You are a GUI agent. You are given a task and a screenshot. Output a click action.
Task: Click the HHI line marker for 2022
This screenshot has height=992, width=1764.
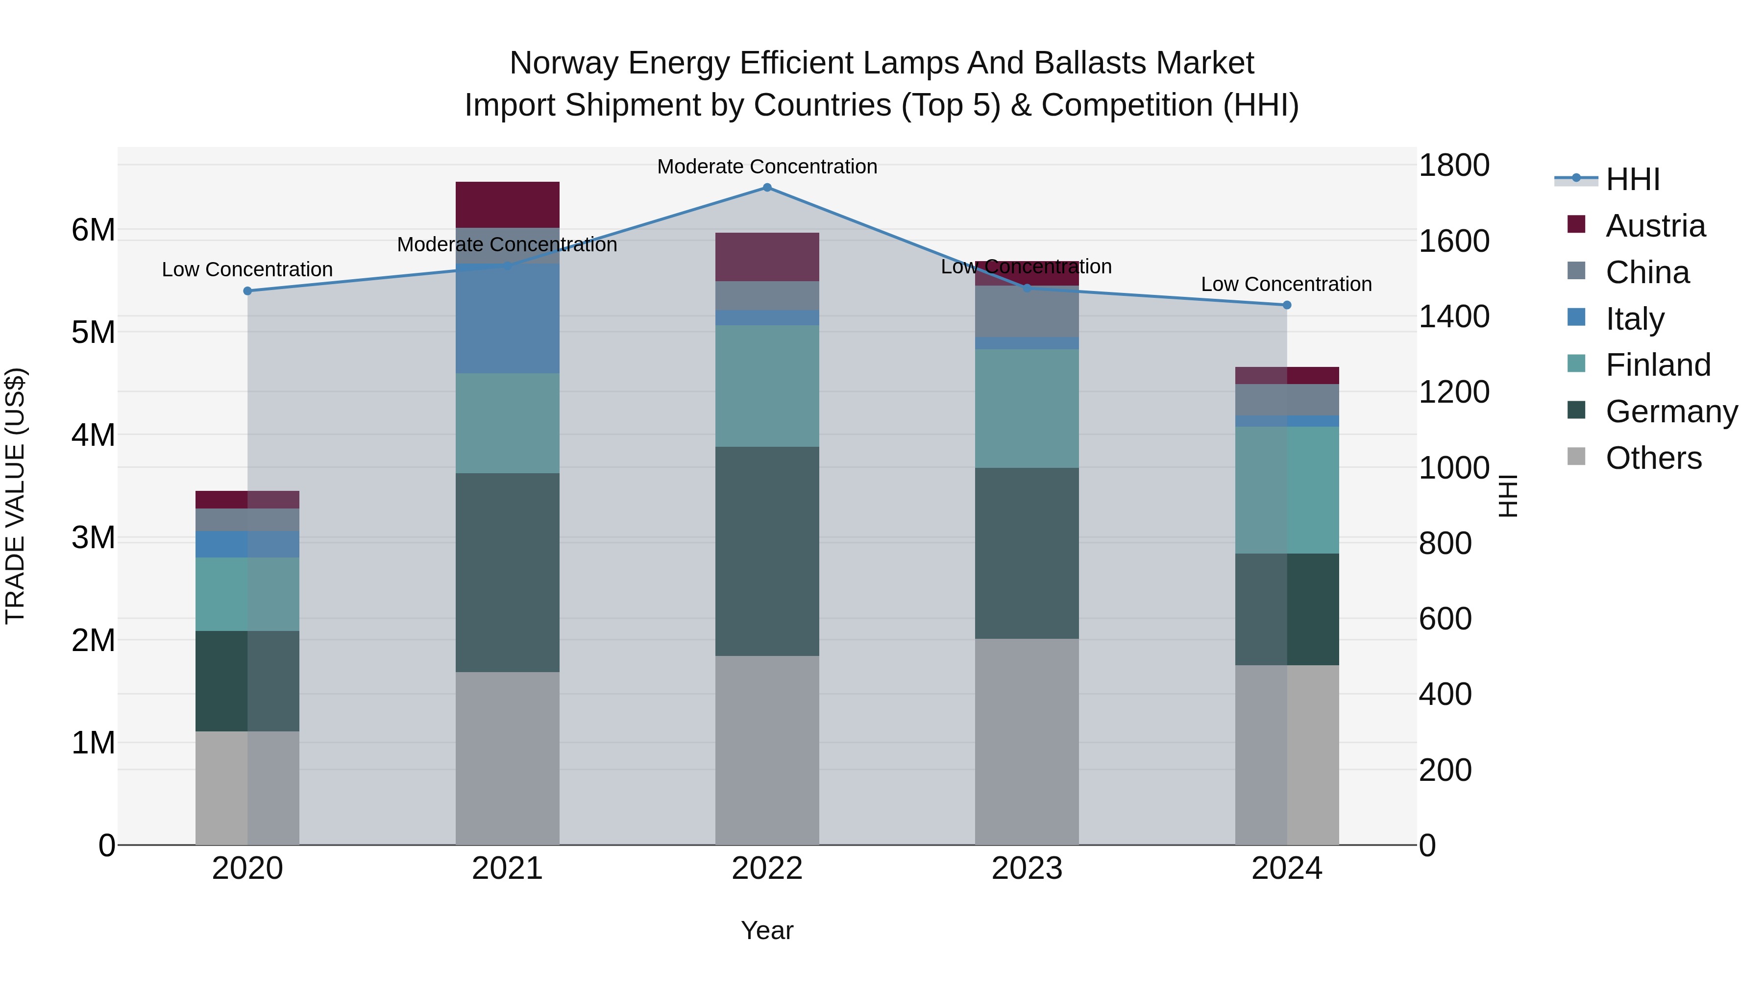[767, 188]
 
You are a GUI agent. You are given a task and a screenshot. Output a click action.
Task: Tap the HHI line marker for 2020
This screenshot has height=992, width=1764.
[248, 291]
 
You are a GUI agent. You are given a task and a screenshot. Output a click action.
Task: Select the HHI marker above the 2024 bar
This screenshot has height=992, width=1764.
[1287, 305]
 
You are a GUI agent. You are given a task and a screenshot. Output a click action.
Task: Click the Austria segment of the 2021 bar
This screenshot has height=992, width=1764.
[508, 205]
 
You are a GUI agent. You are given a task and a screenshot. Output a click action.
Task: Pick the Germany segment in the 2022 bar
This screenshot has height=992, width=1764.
[767, 551]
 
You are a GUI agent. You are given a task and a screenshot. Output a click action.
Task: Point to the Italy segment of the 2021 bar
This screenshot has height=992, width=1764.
[508, 318]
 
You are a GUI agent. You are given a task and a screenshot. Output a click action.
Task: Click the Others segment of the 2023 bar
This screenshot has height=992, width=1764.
[1027, 742]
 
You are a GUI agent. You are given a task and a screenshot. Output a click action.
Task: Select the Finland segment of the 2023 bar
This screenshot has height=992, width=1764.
[1027, 409]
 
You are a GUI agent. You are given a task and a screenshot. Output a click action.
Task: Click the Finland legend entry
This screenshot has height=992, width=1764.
[1657, 365]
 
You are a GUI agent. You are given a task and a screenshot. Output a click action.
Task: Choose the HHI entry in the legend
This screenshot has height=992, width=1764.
[1633, 179]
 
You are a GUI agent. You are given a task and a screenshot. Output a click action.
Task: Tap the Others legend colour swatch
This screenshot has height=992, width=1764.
[1576, 457]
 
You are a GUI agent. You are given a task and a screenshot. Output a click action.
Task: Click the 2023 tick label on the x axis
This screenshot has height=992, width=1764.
[1027, 869]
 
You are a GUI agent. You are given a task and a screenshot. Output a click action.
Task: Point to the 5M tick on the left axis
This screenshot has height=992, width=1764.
[93, 333]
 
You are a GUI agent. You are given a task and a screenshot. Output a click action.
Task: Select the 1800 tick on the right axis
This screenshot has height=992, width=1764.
[1453, 166]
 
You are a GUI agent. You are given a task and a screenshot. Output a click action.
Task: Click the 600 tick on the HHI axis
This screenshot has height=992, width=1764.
[1445, 619]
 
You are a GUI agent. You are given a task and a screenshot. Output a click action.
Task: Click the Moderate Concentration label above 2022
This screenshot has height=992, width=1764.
[767, 167]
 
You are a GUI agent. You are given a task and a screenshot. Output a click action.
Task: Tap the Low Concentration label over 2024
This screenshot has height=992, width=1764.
[1286, 284]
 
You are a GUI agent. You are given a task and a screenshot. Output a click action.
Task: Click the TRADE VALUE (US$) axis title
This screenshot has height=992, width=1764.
[15, 496]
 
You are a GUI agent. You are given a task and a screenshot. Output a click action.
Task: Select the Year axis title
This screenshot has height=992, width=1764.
[767, 930]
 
